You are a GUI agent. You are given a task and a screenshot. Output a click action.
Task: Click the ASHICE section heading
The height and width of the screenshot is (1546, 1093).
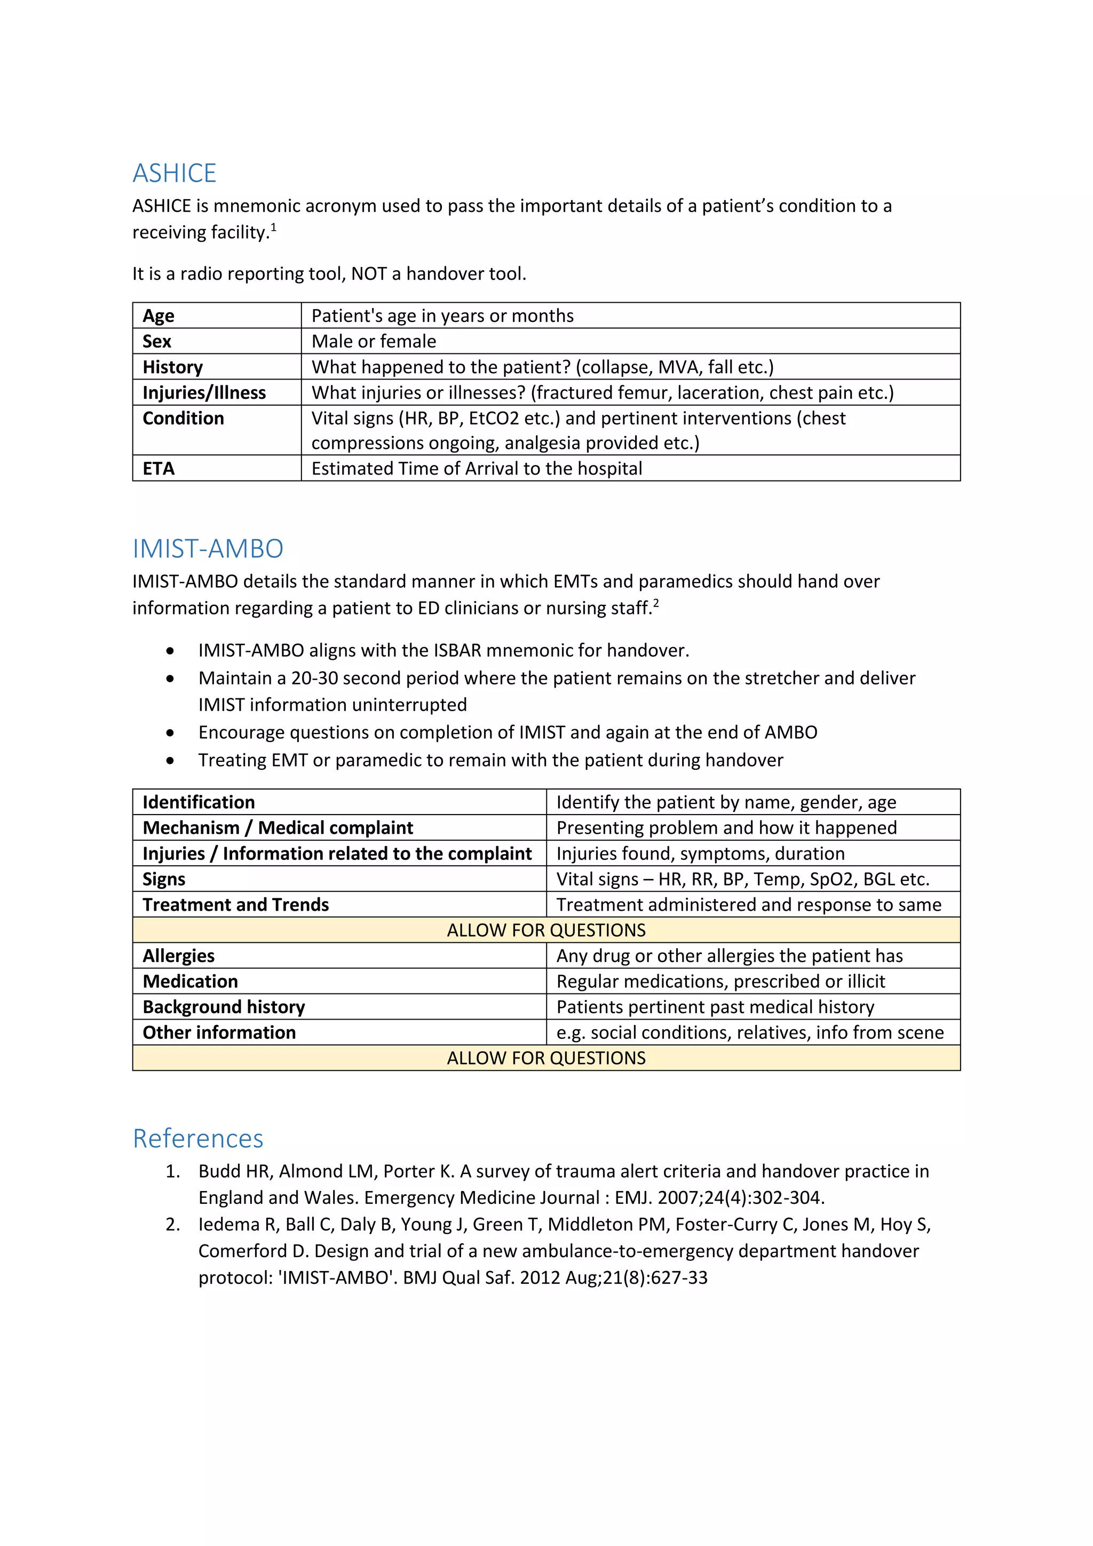click(175, 173)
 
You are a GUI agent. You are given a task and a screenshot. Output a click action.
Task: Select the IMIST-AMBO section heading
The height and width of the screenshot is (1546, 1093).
click(208, 549)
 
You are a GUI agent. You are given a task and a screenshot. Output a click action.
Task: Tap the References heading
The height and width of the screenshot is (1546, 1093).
click(198, 1138)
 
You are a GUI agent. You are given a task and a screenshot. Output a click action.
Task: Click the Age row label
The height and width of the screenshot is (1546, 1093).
click(159, 316)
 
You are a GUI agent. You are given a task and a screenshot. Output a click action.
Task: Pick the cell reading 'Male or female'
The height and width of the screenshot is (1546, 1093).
click(374, 341)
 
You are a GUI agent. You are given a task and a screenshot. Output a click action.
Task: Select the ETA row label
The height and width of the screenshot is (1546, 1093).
click(159, 469)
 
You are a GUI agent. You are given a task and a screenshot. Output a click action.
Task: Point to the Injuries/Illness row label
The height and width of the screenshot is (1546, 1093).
click(204, 392)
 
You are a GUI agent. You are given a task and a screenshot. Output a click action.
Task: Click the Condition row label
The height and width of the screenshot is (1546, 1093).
click(183, 418)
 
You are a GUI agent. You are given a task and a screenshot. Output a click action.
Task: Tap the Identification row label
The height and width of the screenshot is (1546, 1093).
click(199, 802)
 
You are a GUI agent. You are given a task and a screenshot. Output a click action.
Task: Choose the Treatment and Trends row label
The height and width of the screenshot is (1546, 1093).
click(235, 904)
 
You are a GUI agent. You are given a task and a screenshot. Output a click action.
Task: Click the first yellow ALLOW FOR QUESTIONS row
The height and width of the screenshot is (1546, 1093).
click(546, 930)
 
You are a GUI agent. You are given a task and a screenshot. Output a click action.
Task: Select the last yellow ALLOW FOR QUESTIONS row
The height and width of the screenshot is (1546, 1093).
click(546, 1058)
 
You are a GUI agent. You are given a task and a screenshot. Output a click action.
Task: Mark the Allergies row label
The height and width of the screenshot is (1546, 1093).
click(178, 956)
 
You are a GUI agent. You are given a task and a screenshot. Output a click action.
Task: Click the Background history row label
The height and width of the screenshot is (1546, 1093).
click(224, 1007)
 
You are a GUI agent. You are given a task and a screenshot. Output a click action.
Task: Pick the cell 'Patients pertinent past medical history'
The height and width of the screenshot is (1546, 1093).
click(715, 1007)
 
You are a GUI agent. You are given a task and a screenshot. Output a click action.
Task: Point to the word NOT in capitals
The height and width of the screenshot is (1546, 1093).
click(369, 273)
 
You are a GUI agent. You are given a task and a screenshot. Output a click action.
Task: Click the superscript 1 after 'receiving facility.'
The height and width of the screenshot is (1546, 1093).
click(273, 227)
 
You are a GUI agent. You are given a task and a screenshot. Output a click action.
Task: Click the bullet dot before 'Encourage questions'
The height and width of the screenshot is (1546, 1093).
click(170, 732)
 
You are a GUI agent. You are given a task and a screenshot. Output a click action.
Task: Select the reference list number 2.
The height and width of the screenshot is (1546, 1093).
click(172, 1224)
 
